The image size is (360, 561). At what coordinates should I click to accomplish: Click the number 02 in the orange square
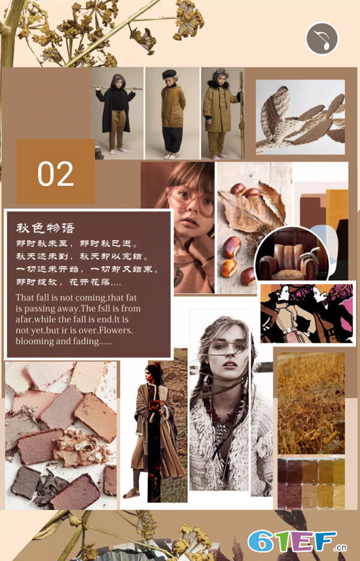click(56, 174)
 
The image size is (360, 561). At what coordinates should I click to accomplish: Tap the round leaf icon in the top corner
click(322, 39)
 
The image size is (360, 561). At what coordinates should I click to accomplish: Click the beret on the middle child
click(170, 73)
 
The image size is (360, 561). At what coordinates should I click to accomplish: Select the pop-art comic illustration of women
click(306, 314)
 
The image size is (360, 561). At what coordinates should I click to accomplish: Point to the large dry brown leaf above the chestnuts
click(249, 210)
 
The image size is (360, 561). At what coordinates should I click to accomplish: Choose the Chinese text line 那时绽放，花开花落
click(69, 282)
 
